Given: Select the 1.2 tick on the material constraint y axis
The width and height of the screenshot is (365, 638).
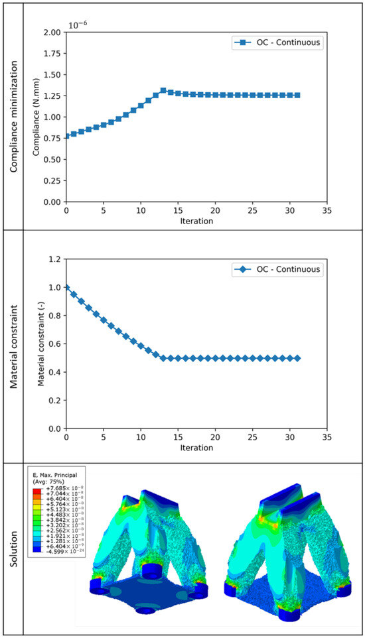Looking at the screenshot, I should (x=56, y=259).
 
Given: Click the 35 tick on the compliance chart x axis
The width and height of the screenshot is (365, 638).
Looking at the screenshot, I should (x=326, y=210).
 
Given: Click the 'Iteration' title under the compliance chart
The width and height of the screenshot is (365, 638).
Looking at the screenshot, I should (x=196, y=222).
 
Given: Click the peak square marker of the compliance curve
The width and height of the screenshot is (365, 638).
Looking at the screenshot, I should (x=163, y=90).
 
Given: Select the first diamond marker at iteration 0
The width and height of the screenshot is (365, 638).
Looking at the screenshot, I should (x=66, y=287).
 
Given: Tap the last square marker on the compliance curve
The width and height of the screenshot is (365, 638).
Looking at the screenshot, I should (x=297, y=96).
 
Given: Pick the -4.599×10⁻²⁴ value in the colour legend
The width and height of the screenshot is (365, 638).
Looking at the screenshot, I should (x=54, y=567).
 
